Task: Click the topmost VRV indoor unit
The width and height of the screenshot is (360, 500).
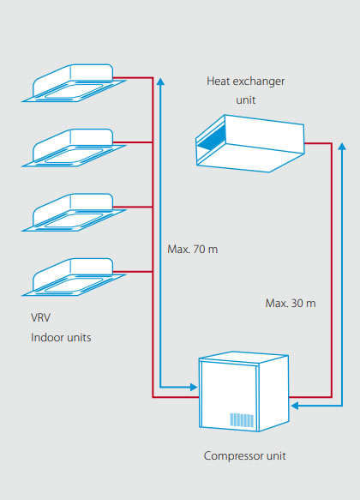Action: coord(74,83)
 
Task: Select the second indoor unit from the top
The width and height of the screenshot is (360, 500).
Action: coord(74,148)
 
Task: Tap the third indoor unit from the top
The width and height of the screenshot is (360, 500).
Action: coord(74,213)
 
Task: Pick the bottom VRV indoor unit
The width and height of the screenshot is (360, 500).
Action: coord(74,277)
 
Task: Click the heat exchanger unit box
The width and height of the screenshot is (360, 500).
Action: coord(249,143)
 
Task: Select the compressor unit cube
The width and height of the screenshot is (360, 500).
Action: coord(243,392)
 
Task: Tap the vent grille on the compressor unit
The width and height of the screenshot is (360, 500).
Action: coord(242,420)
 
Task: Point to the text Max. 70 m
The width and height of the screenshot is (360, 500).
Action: coord(192,249)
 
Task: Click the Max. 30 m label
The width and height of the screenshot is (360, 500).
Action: coord(291,303)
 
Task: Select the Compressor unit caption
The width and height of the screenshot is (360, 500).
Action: coord(244,456)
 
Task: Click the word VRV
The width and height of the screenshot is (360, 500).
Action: coord(40,317)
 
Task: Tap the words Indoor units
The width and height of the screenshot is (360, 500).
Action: coord(61,337)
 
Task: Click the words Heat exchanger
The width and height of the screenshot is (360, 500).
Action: coord(246,81)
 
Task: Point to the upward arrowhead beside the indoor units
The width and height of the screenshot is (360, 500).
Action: coord(160,81)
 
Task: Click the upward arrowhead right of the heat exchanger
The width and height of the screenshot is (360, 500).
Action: coord(342,147)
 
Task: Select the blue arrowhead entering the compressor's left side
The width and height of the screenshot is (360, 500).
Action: coord(194,387)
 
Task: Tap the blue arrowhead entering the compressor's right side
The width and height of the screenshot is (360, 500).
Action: coord(294,406)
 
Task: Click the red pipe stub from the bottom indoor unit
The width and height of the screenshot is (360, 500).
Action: coord(133,272)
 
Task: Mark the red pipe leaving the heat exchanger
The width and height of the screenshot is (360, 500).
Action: coord(332,270)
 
